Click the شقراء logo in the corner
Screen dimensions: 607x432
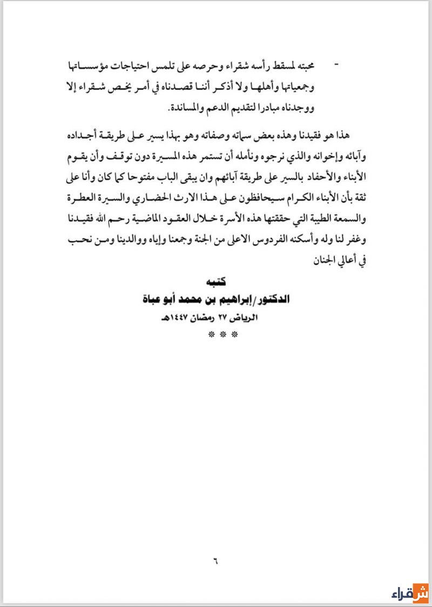410,593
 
